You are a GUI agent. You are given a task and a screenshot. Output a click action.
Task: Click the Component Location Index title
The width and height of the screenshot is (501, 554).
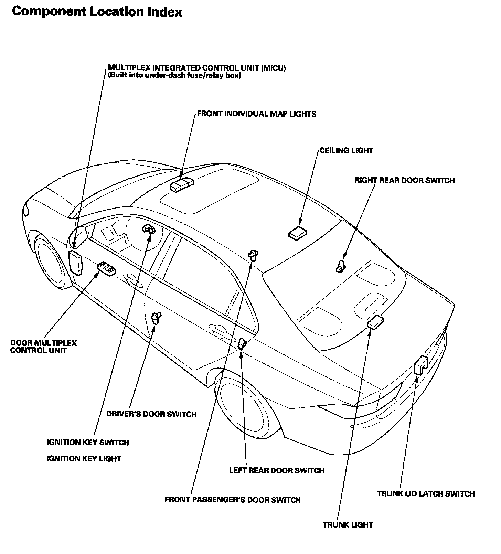[x=97, y=12]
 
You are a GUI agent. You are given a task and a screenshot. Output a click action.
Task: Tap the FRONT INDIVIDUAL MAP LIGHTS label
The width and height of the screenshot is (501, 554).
[x=256, y=114]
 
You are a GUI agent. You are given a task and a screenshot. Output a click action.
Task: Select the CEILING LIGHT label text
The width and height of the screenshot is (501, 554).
[x=346, y=150]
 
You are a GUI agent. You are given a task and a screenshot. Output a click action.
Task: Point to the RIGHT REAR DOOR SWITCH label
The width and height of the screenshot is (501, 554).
[x=404, y=180]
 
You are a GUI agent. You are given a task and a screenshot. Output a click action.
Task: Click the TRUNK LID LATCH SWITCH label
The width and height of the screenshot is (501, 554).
[x=426, y=494]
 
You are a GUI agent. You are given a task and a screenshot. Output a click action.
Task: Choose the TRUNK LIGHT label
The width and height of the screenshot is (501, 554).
[x=348, y=525]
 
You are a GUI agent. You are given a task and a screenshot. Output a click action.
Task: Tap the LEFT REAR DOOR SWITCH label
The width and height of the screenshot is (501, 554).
[x=277, y=470]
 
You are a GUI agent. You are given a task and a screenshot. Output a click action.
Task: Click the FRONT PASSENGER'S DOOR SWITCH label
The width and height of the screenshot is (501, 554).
[x=232, y=500]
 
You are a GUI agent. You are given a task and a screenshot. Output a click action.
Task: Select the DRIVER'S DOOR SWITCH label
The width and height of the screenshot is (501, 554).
[x=151, y=414]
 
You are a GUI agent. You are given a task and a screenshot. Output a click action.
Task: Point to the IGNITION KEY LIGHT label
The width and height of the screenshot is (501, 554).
[x=84, y=459]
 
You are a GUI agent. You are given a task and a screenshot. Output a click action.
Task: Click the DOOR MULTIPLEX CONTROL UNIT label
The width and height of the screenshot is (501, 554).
[x=43, y=347]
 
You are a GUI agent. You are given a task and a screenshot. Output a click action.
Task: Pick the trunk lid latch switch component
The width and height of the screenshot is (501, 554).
[x=420, y=365]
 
